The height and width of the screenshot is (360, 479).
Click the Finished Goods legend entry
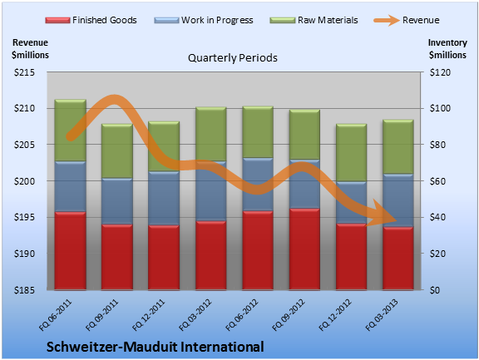(91, 20)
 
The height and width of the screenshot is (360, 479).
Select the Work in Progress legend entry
(204, 20)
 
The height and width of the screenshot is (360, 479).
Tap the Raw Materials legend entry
(314, 20)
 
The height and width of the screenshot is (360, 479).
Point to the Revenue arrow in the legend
(387, 21)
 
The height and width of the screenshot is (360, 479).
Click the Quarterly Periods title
(233, 57)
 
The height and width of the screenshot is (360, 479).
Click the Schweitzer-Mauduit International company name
(156, 347)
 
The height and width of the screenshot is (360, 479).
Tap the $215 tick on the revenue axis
(24, 72)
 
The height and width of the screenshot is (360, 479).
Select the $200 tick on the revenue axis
(24, 181)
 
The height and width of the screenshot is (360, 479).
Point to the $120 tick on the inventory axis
(440, 72)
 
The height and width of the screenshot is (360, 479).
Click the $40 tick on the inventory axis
(437, 217)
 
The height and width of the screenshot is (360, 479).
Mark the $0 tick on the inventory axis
(435, 290)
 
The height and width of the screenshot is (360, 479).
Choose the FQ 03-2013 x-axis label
(382, 315)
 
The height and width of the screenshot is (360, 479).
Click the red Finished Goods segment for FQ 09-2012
(304, 249)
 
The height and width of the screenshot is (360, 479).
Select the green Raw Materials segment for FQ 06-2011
(70, 130)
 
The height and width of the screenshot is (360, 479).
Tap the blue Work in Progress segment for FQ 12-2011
(164, 198)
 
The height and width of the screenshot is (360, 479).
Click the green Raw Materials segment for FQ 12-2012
(351, 153)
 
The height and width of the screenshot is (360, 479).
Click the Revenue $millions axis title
(30, 49)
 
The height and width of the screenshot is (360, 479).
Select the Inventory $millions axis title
(447, 49)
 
